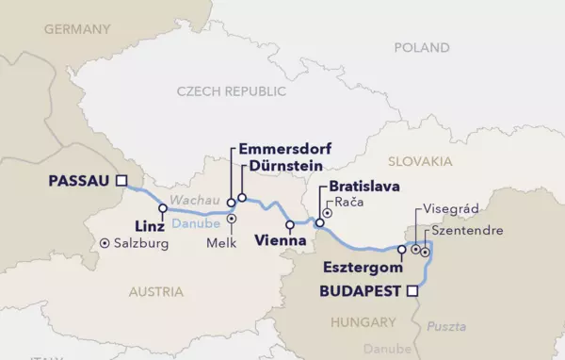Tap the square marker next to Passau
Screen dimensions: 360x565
[120, 181]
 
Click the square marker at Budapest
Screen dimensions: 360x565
[411, 291]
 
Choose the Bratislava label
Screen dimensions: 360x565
[359, 188]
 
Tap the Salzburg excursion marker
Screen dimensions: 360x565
[104, 243]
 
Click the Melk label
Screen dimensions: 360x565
[231, 242]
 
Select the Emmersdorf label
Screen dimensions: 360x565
[287, 149]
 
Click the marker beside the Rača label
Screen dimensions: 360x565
[327, 213]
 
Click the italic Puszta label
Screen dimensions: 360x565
[446, 326]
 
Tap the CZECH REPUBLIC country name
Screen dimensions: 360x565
[230, 90]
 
